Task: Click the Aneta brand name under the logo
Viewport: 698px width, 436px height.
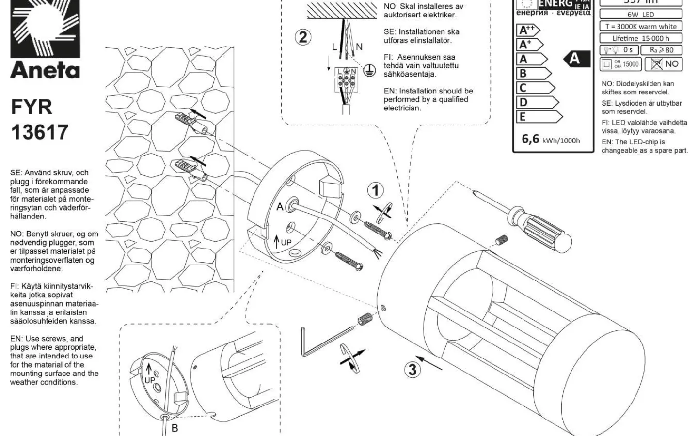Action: click(x=45, y=71)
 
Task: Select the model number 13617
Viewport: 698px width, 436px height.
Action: click(x=39, y=132)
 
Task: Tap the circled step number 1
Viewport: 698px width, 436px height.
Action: click(x=375, y=190)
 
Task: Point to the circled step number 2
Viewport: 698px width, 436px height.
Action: click(x=303, y=37)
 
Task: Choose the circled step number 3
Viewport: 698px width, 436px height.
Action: click(x=412, y=370)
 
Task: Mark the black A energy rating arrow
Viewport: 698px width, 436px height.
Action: click(x=576, y=59)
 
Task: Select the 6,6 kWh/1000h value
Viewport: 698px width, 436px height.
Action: click(x=551, y=140)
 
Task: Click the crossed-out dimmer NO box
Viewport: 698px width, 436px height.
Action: click(x=664, y=64)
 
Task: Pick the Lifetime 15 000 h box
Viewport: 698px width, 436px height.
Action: click(x=640, y=38)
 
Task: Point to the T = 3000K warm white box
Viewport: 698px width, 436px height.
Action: click(x=640, y=26)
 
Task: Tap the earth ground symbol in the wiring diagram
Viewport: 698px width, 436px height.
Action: click(x=370, y=71)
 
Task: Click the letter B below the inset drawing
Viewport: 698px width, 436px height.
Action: click(x=175, y=428)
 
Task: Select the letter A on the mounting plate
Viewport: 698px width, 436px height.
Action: click(x=280, y=207)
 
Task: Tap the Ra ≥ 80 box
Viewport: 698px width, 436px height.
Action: click(x=661, y=50)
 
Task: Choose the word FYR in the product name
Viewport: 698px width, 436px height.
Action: click(x=32, y=107)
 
